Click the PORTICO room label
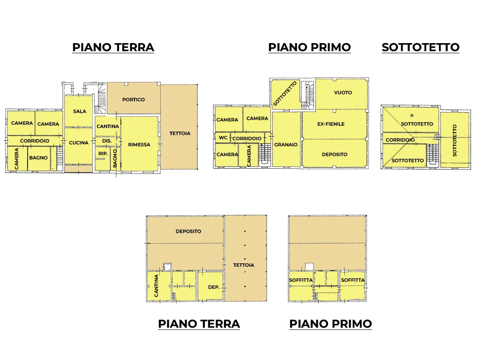coord(134,99)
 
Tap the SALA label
coord(80,112)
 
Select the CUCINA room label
coord(79,142)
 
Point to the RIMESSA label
coord(139,144)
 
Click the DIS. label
coord(107,141)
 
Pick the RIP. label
coord(103,153)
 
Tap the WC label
coord(223,138)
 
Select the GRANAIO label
coord(286,144)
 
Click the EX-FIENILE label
coord(331,124)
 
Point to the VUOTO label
coord(343,92)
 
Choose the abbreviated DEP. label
coord(214,287)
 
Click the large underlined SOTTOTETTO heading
coord(420,47)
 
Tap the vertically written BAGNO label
coord(115,158)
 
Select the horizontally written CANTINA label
coord(108,126)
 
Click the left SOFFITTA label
coord(301,280)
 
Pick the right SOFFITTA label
coord(353,280)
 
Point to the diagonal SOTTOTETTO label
coord(285,94)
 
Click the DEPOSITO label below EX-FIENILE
coord(335,155)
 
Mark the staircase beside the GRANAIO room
coord(264,154)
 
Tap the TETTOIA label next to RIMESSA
coord(180,134)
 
